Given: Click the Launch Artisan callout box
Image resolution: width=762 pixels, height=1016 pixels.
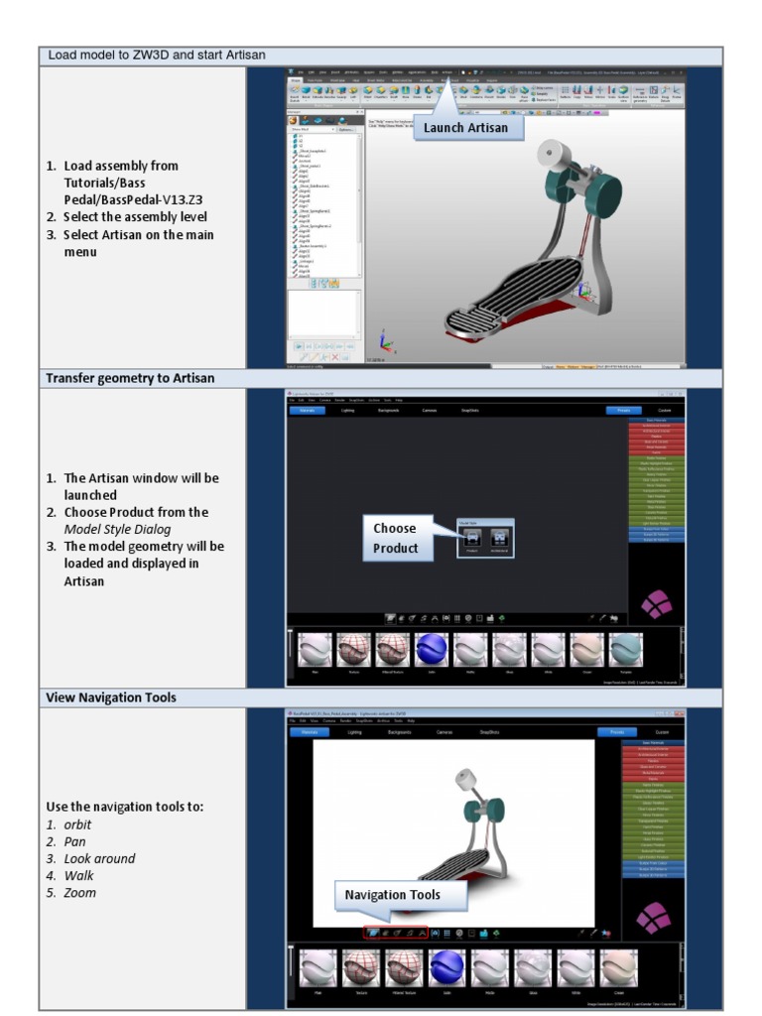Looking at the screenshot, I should click(466, 127).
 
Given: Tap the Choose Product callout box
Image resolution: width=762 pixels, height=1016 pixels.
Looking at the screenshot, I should click(396, 538).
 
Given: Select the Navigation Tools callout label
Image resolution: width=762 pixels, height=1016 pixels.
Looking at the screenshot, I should click(392, 895).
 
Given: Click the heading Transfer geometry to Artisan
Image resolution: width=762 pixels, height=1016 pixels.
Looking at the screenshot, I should click(130, 378).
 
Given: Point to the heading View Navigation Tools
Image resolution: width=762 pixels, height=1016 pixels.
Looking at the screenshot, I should click(111, 698).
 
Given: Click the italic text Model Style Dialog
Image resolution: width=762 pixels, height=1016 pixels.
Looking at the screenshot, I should click(118, 529).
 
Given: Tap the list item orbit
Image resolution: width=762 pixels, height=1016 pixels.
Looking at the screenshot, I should click(77, 825).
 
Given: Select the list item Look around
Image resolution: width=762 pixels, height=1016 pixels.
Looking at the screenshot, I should click(99, 858).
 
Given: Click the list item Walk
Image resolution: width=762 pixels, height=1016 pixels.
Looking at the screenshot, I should click(79, 875).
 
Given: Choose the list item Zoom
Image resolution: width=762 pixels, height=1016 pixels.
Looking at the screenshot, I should click(80, 892).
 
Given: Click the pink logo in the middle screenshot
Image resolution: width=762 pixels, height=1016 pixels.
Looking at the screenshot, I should click(655, 604).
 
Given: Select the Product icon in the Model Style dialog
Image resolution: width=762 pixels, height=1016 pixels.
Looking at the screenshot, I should click(473, 538).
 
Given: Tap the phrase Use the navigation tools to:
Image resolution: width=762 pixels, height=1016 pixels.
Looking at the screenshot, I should click(124, 807).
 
